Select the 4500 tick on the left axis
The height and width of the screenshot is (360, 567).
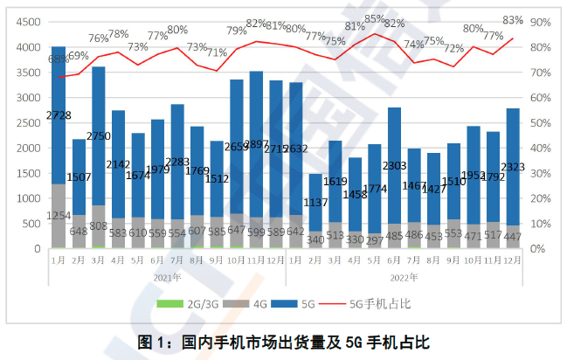click(x=27, y=21)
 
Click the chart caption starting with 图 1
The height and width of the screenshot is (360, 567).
click(x=283, y=342)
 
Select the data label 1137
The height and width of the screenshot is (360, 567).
click(x=316, y=203)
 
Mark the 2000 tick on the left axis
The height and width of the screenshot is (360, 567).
click(x=27, y=148)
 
